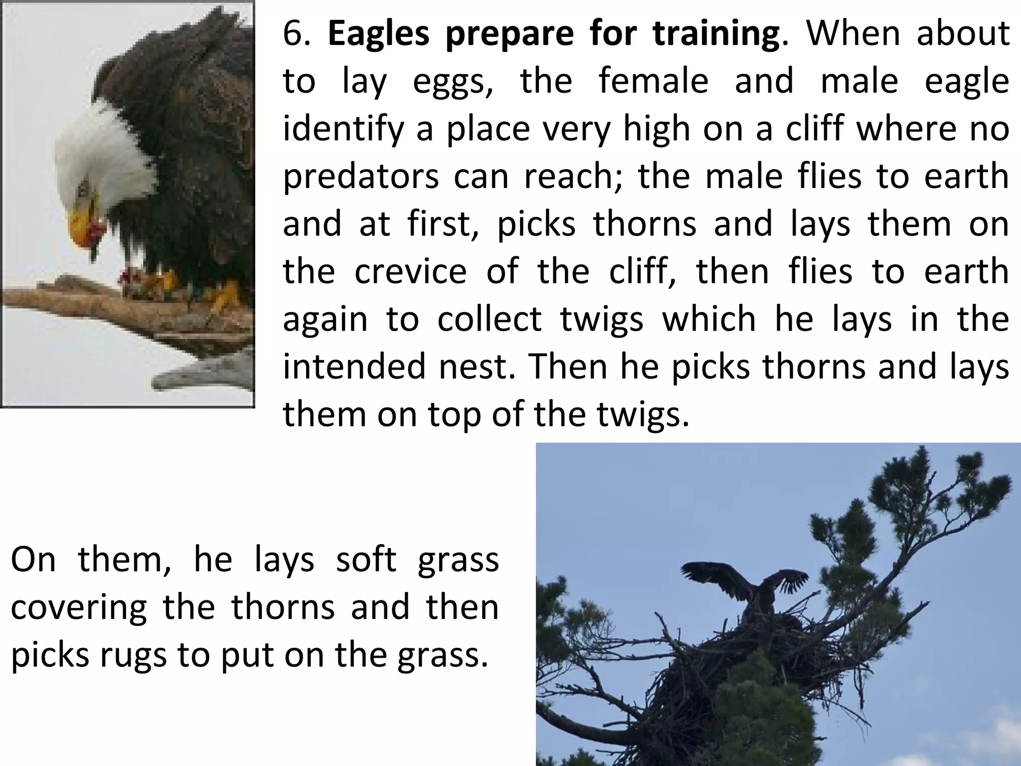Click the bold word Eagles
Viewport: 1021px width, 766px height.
coord(378,34)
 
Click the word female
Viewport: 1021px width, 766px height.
coord(653,81)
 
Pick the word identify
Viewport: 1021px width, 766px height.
coord(343,129)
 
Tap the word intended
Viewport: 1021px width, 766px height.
coord(354,366)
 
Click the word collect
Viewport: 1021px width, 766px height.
coord(489,319)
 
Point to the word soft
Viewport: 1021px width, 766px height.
coord(366,560)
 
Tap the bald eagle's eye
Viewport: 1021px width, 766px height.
coord(84,189)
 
